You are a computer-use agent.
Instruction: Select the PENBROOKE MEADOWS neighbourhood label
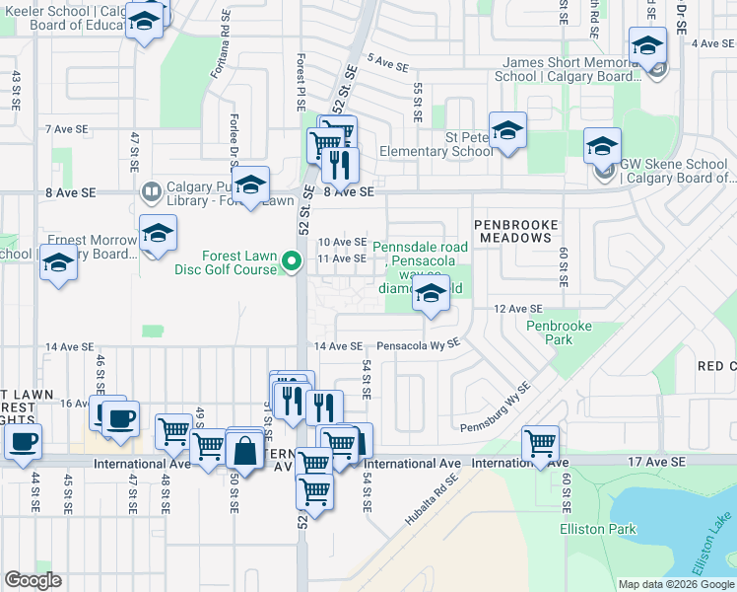coord(512,231)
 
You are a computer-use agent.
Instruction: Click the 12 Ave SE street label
coord(518,309)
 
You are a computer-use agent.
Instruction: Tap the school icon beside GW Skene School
coord(602,146)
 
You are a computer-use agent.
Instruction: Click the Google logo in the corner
coord(33,581)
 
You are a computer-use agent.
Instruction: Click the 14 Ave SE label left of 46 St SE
coord(69,347)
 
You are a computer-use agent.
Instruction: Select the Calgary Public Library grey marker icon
coord(151,190)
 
